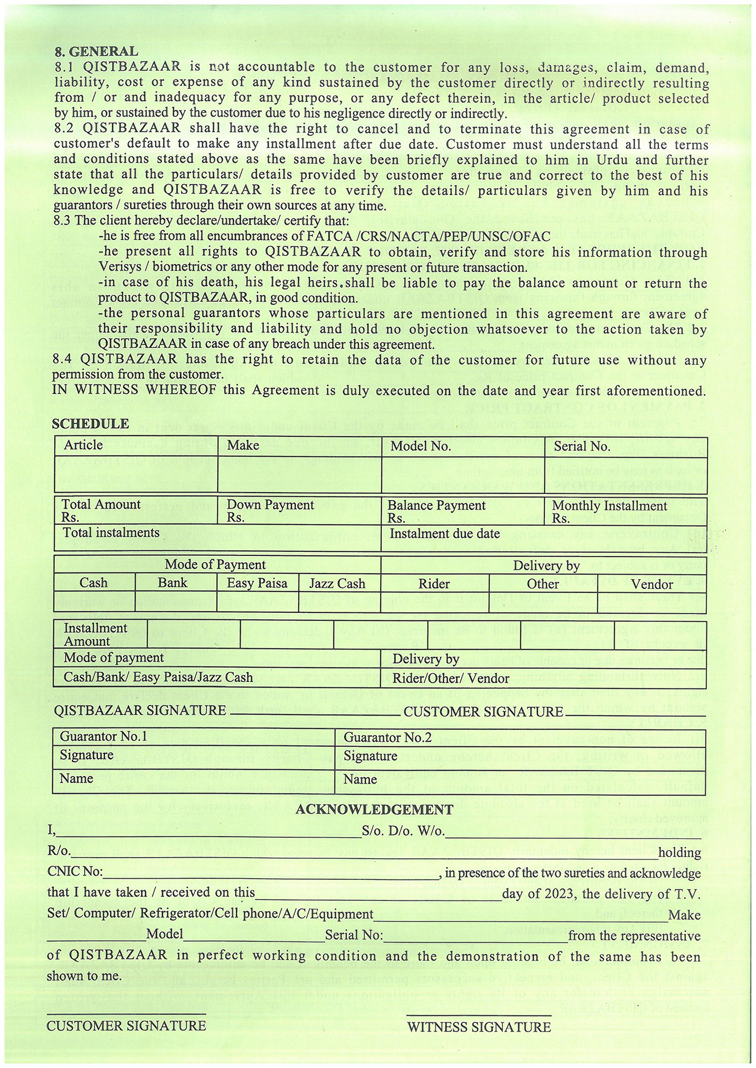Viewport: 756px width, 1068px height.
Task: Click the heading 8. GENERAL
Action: (x=96, y=52)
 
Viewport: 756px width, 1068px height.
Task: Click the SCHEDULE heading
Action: (x=90, y=424)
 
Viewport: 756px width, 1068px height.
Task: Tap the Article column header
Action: (x=83, y=445)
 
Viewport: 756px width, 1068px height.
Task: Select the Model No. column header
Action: (x=420, y=446)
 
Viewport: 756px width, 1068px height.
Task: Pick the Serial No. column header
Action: (x=582, y=446)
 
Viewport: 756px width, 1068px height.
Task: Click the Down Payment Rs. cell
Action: (x=270, y=510)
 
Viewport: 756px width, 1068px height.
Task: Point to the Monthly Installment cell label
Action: (x=609, y=506)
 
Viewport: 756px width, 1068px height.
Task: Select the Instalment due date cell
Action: (x=445, y=534)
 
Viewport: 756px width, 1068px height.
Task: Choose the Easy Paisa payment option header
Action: (x=257, y=583)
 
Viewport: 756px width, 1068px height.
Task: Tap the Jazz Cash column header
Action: (x=337, y=584)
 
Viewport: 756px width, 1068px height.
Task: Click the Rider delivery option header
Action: (x=434, y=584)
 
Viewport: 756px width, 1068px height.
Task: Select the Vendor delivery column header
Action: (x=652, y=584)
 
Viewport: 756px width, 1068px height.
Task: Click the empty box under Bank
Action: (x=176, y=602)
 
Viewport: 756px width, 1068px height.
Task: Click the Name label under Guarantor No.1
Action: (x=76, y=778)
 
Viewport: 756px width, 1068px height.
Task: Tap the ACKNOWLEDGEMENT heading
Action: (x=374, y=810)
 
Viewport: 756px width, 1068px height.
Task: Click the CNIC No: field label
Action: (x=75, y=873)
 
